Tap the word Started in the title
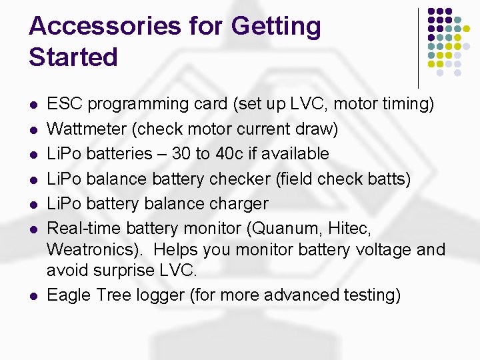pos(73,57)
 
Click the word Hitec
pos(348,228)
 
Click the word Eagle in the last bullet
pos(68,295)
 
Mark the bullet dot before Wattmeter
pos(33,129)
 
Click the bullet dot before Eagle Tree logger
pos(33,295)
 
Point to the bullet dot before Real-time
pos(33,229)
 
